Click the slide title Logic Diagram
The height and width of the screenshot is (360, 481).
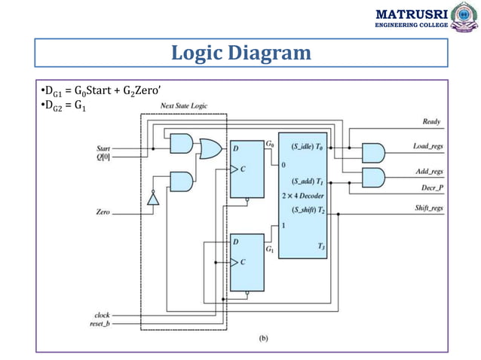240,53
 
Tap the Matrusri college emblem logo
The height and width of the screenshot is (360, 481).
461,18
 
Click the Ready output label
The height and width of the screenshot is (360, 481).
431,121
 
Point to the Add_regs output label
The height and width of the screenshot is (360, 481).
428,172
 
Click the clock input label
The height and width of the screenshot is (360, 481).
102,315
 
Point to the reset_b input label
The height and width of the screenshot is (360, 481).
100,324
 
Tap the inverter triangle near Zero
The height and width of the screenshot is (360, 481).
152,198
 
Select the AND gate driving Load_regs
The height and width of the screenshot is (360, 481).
373,154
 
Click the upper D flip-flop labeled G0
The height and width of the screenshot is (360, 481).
247,170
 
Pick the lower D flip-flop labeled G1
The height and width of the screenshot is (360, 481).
247,261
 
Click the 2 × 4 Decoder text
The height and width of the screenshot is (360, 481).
302,196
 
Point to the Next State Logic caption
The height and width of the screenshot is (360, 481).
183,106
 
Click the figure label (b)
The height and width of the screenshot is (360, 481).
263,338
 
